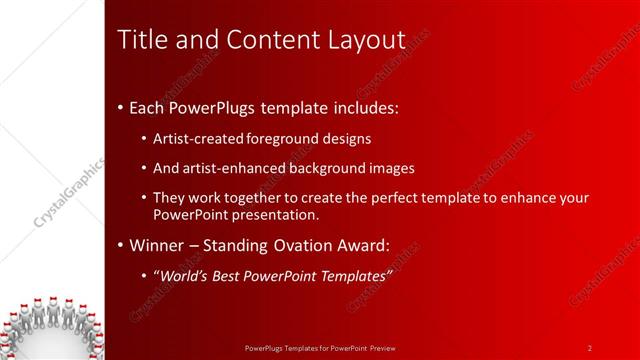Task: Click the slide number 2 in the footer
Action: click(x=590, y=347)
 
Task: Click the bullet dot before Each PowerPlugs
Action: click(x=121, y=106)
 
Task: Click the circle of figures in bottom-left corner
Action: click(x=50, y=325)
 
